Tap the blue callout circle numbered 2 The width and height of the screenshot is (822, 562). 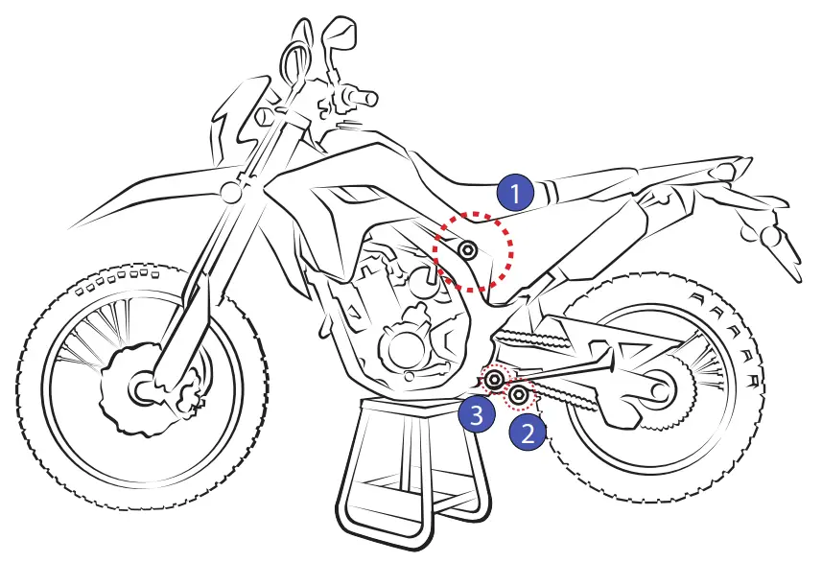pyautogui.click(x=527, y=433)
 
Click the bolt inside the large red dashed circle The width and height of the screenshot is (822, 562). pyautogui.click(x=468, y=251)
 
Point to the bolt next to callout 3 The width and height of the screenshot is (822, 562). pyautogui.click(x=495, y=383)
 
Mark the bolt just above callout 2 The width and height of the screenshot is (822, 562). pyautogui.click(x=520, y=393)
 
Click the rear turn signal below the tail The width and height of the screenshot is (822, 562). pyautogui.click(x=772, y=236)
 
